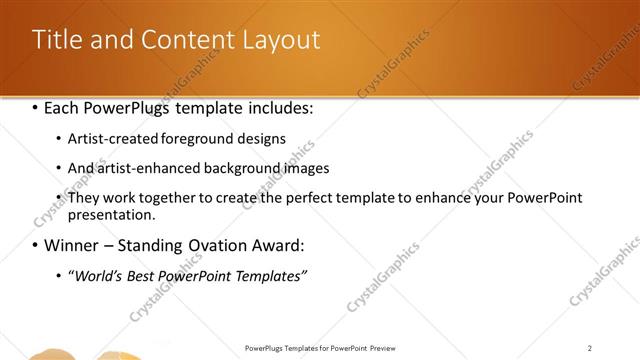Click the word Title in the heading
[x=56, y=40]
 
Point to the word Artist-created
[x=109, y=138]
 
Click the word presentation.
[x=111, y=214]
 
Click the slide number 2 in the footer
[x=590, y=348]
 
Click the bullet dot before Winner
[x=36, y=245]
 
